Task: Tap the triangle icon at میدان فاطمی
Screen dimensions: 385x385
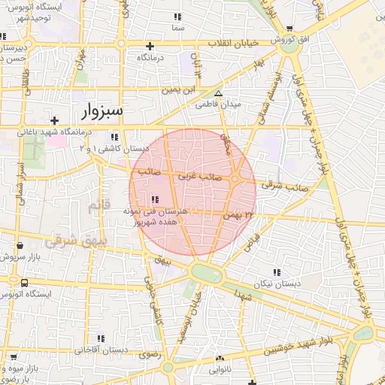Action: (219, 95)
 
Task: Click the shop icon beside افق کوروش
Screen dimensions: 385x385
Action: (290, 29)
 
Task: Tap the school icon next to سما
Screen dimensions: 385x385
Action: (178, 16)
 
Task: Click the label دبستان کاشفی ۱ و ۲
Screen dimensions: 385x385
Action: (114, 149)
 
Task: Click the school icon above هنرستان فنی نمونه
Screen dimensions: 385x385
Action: (155, 199)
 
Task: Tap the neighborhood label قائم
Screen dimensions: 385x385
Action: (99, 205)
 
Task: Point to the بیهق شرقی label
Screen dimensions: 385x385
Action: (66, 242)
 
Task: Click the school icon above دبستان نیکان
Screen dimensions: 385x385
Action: (277, 271)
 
